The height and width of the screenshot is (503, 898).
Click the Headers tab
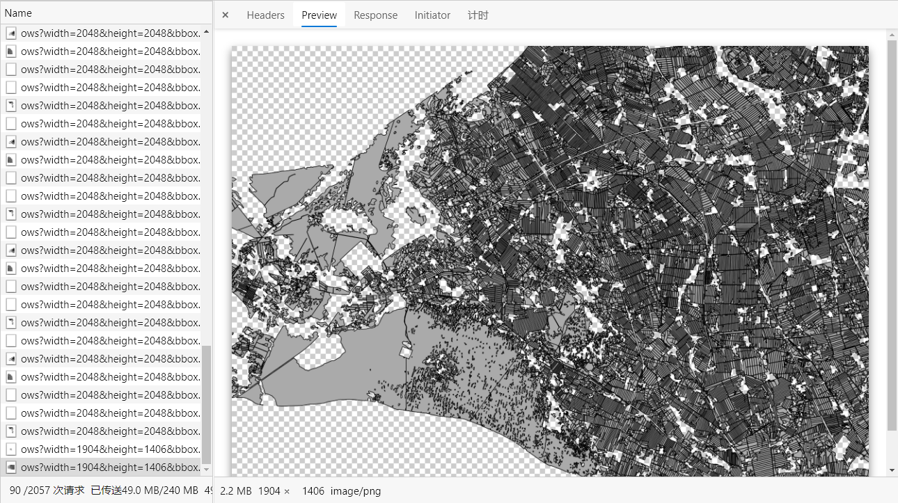pyautogui.click(x=265, y=15)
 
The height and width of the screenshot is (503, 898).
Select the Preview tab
pyautogui.click(x=319, y=15)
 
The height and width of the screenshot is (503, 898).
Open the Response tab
pyautogui.click(x=375, y=15)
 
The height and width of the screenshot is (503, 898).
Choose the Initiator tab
pyautogui.click(x=432, y=15)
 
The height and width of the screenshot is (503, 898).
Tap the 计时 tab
pyautogui.click(x=478, y=15)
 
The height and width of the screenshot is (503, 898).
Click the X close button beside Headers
pyautogui.click(x=226, y=15)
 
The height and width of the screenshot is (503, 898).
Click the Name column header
pyautogui.click(x=19, y=13)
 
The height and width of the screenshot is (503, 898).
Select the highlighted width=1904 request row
pyautogui.click(x=110, y=467)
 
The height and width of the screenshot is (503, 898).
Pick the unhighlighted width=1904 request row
pyautogui.click(x=110, y=449)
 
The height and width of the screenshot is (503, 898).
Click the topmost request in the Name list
pyautogui.click(x=110, y=33)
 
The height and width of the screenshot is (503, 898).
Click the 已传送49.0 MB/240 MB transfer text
pyautogui.click(x=145, y=490)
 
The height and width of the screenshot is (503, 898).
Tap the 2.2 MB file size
pyautogui.click(x=235, y=491)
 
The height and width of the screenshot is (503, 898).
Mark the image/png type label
pyautogui.click(x=356, y=491)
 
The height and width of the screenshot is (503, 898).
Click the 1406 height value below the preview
pyautogui.click(x=313, y=491)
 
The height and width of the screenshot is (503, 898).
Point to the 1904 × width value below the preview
pyautogui.click(x=274, y=491)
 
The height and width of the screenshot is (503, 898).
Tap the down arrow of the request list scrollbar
pyautogui.click(x=206, y=470)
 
